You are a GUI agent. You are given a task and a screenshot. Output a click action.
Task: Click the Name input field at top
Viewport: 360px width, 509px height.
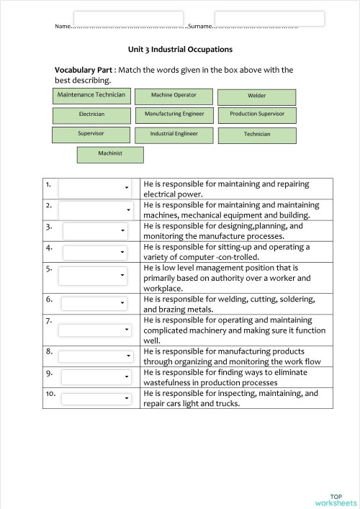point(128,18)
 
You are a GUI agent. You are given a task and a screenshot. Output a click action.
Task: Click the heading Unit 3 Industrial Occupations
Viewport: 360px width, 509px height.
point(180,50)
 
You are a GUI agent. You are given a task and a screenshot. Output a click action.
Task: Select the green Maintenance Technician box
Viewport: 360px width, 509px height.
point(91,96)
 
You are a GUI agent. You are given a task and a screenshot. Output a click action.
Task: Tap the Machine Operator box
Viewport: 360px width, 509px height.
point(174,96)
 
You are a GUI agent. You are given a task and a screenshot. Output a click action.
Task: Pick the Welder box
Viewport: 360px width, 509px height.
point(256,96)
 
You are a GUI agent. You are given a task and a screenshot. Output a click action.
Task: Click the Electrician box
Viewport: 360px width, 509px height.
point(91,114)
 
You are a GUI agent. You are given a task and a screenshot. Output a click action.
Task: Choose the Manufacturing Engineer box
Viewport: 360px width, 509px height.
point(174,114)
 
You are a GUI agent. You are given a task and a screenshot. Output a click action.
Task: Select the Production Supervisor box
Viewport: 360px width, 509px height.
point(257,114)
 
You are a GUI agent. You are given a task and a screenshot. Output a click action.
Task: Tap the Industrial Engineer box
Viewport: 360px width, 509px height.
point(174,134)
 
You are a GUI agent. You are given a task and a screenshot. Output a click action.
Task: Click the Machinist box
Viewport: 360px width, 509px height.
point(110,154)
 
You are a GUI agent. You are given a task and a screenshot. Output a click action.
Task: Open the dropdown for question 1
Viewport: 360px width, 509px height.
point(94,189)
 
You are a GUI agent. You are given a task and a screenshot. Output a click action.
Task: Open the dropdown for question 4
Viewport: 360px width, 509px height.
point(96,252)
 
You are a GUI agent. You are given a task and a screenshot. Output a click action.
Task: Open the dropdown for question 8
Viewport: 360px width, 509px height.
point(96,356)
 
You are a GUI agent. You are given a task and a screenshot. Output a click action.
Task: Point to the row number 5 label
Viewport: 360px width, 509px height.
point(49,269)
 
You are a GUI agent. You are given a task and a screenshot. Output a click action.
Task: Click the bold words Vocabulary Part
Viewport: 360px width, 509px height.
point(84,70)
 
